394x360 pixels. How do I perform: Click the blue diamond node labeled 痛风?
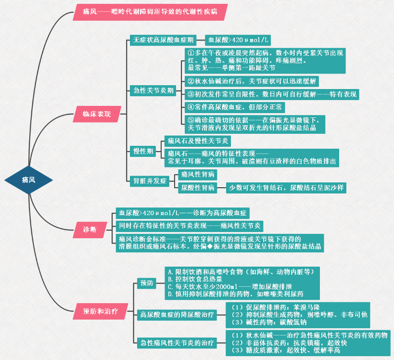click(x=29, y=180)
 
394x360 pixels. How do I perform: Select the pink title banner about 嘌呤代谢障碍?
click(x=150, y=12)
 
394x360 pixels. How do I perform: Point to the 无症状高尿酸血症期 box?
click(x=164, y=40)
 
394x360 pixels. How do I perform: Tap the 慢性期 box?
click(x=143, y=151)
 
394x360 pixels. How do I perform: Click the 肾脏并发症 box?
click(x=150, y=181)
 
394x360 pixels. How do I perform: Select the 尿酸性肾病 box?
click(x=198, y=188)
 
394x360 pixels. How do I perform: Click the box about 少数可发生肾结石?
click(x=286, y=188)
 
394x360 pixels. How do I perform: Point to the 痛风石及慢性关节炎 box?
click(x=198, y=141)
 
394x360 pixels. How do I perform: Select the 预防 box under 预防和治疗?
click(x=146, y=283)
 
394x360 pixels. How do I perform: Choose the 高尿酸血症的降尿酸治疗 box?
click(x=176, y=315)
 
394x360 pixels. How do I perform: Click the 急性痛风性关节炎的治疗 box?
click(x=176, y=343)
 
